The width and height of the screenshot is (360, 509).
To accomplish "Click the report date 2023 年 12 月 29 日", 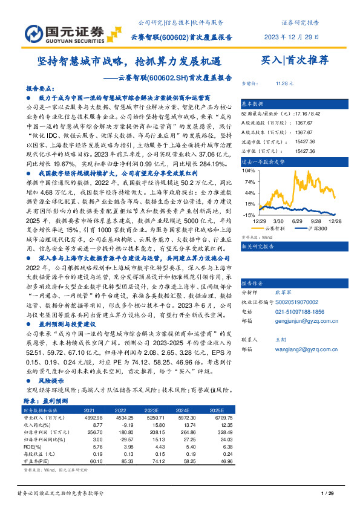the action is [x=292, y=36].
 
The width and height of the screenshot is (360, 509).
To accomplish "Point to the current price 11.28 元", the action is [x=284, y=84].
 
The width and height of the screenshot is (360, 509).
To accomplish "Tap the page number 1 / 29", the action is [x=327, y=494].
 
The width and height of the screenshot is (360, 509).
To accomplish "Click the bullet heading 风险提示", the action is [x=52, y=382].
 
